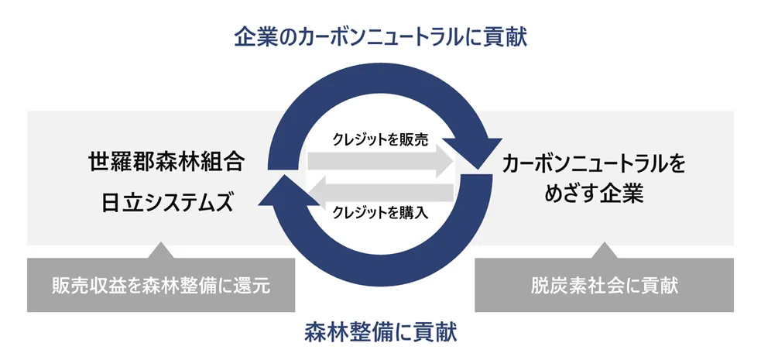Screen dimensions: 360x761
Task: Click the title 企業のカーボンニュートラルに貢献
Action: (x=380, y=37)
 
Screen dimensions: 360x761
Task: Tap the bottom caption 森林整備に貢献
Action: (x=380, y=333)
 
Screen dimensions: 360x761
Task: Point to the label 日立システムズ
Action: (x=166, y=203)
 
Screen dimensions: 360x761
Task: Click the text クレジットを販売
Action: (x=379, y=140)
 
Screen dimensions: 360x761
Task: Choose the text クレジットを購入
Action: (x=379, y=211)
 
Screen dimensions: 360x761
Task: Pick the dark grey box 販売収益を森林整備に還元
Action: (x=161, y=285)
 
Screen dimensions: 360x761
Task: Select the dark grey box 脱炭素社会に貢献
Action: (x=605, y=285)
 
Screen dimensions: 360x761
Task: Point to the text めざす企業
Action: (x=594, y=194)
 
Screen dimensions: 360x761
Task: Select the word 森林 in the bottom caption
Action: (x=324, y=333)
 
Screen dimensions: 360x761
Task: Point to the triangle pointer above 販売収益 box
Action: (x=161, y=249)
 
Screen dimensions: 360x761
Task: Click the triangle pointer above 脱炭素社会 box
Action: (x=605, y=249)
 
